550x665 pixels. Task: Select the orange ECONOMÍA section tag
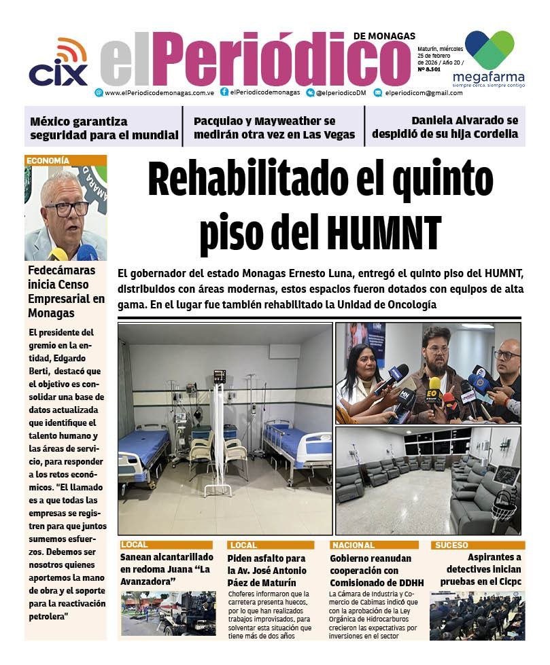click(x=48, y=161)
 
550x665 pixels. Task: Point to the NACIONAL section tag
click(x=354, y=545)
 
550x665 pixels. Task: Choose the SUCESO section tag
click(x=452, y=545)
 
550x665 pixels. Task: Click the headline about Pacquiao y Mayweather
click(x=274, y=128)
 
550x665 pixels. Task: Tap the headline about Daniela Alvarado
click(x=445, y=127)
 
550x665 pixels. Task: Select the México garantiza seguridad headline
click(x=103, y=128)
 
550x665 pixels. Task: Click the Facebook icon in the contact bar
click(x=224, y=92)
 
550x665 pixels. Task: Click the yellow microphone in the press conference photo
click(x=434, y=386)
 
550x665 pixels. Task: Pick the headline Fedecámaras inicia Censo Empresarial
click(x=66, y=291)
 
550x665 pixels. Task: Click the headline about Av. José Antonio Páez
click(x=267, y=571)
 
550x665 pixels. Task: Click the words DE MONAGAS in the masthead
click(x=384, y=35)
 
